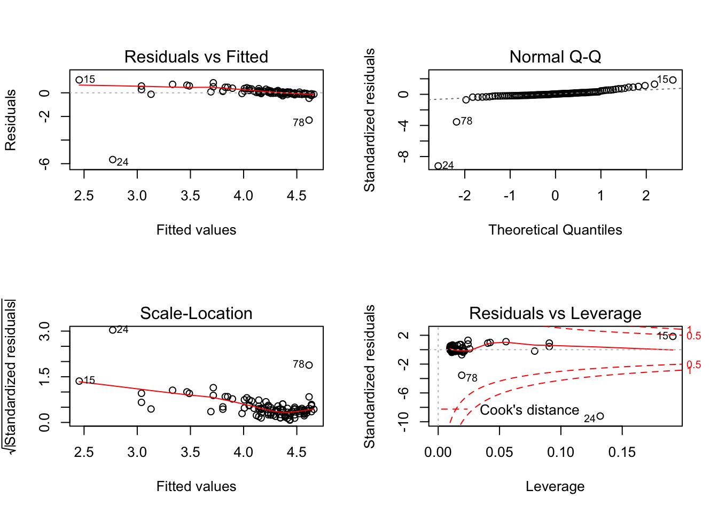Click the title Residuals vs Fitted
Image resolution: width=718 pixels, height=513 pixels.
pos(196,57)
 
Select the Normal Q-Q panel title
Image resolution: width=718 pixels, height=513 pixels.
pos(555,57)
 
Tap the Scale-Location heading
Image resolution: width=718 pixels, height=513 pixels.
pos(196,313)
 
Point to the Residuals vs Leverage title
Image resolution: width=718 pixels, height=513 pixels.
pos(555,313)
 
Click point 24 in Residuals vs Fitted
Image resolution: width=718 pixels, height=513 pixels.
pos(113,160)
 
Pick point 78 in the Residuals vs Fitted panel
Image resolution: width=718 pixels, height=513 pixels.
pos(309,120)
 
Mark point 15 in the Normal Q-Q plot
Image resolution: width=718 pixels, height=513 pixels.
pos(673,80)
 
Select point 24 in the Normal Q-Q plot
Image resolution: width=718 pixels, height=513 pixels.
pos(438,166)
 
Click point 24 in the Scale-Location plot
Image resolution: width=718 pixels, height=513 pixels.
pos(113,330)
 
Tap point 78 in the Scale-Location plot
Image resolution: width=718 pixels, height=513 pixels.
pos(309,365)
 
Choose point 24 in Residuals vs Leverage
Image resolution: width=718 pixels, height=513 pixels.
pos(600,416)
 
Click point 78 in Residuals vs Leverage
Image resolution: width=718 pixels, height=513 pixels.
pos(462,376)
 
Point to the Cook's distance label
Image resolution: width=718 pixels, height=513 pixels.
pos(529,410)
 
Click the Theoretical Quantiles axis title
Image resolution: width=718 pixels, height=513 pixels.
pos(555,230)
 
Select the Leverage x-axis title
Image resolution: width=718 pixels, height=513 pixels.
pos(555,486)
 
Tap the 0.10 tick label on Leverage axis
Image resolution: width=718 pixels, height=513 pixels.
pos(561,453)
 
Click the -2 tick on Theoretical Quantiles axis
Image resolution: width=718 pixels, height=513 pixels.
pos(465,196)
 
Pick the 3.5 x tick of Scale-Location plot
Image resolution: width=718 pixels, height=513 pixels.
pos(190,453)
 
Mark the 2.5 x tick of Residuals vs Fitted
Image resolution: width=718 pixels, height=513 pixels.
pos(84,196)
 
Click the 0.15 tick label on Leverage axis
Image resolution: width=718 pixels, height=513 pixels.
pos(622,453)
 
